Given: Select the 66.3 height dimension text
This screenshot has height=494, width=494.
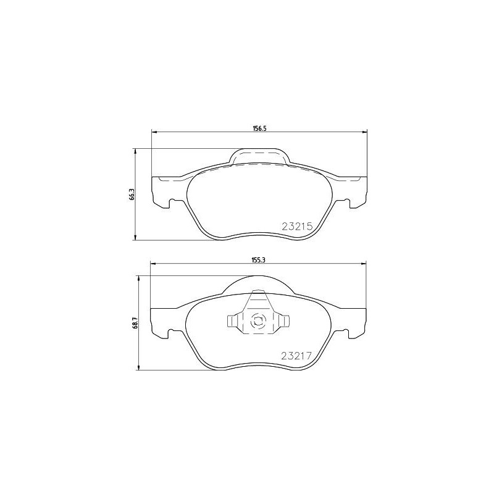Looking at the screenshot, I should [131, 195].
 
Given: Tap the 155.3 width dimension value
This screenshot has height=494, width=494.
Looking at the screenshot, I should [258, 260].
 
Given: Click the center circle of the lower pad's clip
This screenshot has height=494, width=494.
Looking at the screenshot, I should [258, 320].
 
